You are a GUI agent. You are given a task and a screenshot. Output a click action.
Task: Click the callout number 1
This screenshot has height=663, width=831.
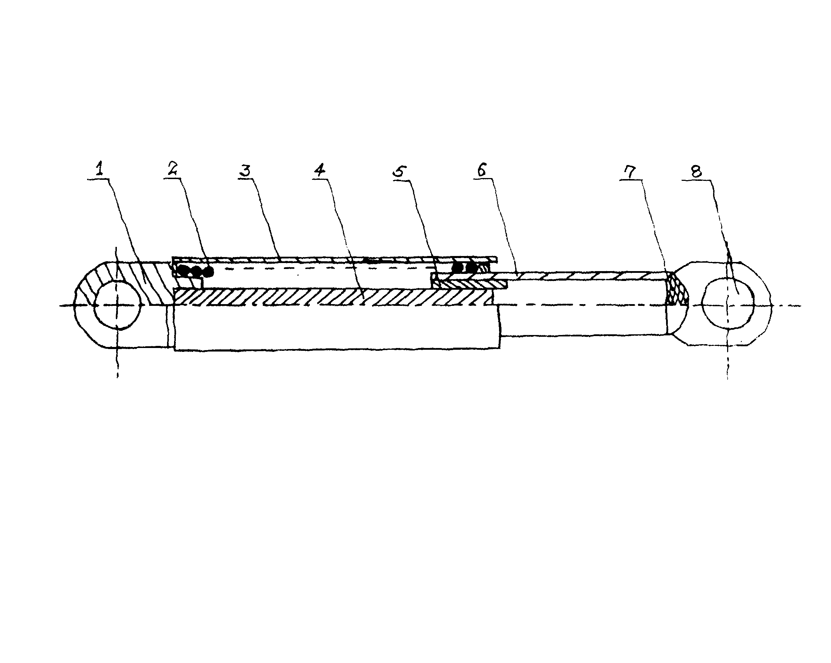point(100,169)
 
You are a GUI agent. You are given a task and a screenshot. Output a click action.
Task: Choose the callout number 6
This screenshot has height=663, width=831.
point(481,169)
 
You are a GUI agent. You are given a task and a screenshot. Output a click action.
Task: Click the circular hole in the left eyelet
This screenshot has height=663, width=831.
point(118,304)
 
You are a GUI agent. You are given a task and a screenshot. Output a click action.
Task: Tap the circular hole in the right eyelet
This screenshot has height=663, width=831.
point(728,303)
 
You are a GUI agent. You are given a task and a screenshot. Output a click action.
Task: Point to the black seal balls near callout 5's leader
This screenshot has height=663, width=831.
point(464,267)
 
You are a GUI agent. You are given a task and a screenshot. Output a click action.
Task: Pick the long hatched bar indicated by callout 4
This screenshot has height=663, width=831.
point(334,297)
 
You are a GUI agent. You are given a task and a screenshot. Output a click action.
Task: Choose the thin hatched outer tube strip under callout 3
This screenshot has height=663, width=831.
point(334,260)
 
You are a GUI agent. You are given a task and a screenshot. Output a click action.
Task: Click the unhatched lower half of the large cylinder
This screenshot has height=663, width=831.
point(337,328)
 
